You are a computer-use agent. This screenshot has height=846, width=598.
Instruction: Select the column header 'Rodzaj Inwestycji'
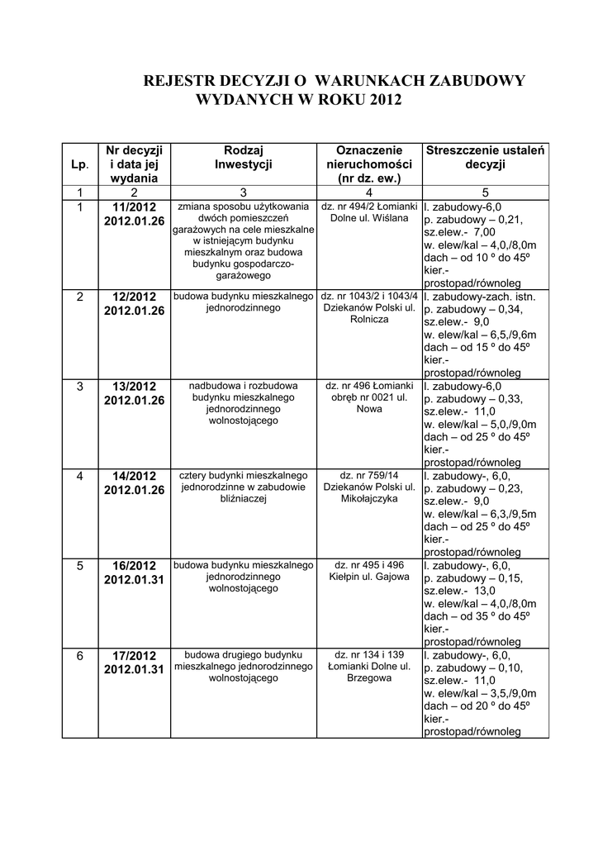(x=244, y=157)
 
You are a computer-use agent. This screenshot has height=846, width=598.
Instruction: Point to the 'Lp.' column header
(x=79, y=164)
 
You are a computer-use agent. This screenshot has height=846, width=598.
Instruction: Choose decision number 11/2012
(x=134, y=207)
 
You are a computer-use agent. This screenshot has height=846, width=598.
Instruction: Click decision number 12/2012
(x=134, y=296)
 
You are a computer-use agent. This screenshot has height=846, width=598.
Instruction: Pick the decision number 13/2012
(x=134, y=385)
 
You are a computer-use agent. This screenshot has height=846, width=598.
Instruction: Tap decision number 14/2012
(x=134, y=475)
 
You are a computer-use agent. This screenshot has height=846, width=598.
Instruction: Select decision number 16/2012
(x=134, y=565)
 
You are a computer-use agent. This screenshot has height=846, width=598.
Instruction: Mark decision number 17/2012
(x=134, y=655)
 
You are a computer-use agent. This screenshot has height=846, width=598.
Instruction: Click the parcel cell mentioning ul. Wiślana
(x=369, y=212)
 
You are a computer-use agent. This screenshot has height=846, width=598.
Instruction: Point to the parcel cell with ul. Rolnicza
(x=369, y=307)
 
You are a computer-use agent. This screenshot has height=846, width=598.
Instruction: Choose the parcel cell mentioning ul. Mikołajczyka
(x=369, y=487)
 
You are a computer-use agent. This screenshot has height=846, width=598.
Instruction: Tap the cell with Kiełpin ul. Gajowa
(x=369, y=571)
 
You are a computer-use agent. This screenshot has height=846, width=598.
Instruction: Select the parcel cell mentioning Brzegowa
(x=369, y=666)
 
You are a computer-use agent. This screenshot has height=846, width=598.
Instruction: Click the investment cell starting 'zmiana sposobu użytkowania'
(x=244, y=240)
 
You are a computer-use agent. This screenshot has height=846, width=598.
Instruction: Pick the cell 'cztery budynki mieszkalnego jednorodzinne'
(x=244, y=487)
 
